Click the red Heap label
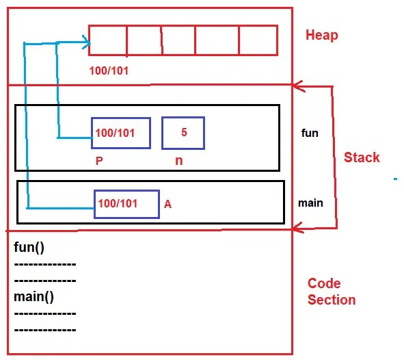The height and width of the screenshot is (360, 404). tap(322, 35)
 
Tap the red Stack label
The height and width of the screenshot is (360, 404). tap(362, 157)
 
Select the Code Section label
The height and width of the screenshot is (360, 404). tap(332, 292)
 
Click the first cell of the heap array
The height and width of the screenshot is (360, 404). tap(108, 40)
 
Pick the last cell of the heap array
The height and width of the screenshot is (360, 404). tap(258, 40)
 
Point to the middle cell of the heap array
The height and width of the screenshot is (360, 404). tap(178, 40)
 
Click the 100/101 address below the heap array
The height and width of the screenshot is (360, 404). tap(109, 70)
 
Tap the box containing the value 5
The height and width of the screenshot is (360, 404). tap(183, 132)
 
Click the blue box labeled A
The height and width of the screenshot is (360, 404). tap(126, 204)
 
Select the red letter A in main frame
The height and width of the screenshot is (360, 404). tap(167, 204)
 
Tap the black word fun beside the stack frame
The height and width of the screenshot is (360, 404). tap(310, 133)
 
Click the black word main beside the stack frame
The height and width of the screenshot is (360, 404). tap(310, 203)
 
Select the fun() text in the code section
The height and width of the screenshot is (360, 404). tap(29, 246)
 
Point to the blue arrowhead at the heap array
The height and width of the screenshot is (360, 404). tap(87, 44)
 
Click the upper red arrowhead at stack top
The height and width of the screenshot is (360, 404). tap(297, 86)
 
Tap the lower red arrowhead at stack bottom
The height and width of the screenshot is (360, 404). tap(297, 228)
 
